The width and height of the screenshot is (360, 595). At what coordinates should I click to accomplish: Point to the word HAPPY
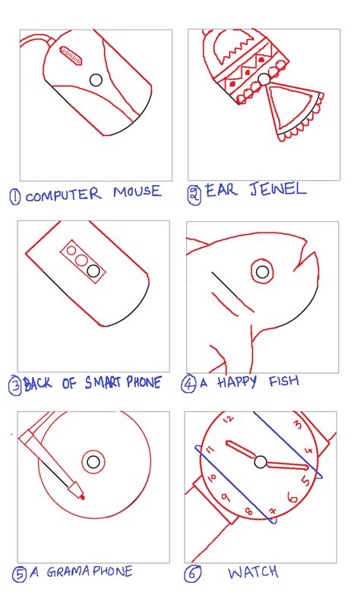pyautogui.click(x=241, y=384)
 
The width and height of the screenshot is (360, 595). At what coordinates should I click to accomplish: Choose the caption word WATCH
pyautogui.click(x=253, y=572)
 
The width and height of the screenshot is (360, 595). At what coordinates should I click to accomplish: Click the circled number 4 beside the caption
pyautogui.click(x=188, y=384)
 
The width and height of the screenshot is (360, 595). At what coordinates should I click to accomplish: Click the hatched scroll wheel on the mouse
pyautogui.click(x=71, y=55)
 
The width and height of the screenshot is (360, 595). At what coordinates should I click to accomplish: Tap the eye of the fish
pyautogui.click(x=263, y=271)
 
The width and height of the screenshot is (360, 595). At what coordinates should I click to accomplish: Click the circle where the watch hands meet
pyautogui.click(x=261, y=462)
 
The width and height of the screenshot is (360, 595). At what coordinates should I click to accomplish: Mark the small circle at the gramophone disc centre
pyautogui.click(x=93, y=461)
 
